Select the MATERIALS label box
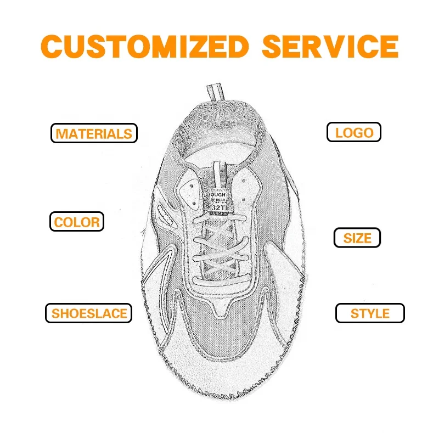93,133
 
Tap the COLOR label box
77,222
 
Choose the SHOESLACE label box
89,313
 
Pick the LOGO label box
354,132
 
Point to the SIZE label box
357,238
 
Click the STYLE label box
370,313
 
